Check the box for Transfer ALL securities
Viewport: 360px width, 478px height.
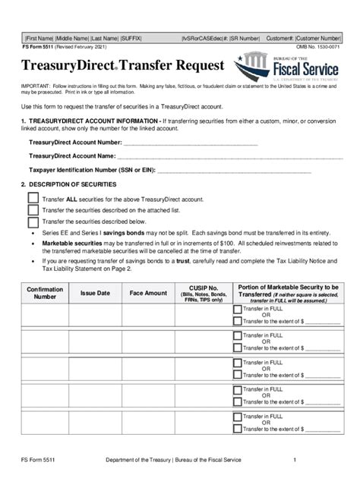[33, 198]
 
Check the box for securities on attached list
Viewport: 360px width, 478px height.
[33, 210]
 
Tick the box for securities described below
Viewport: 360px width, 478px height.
[33, 222]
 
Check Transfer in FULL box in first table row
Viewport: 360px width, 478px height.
[238, 311]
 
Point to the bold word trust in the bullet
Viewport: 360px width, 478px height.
[201, 260]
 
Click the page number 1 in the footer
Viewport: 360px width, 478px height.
[294, 461]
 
